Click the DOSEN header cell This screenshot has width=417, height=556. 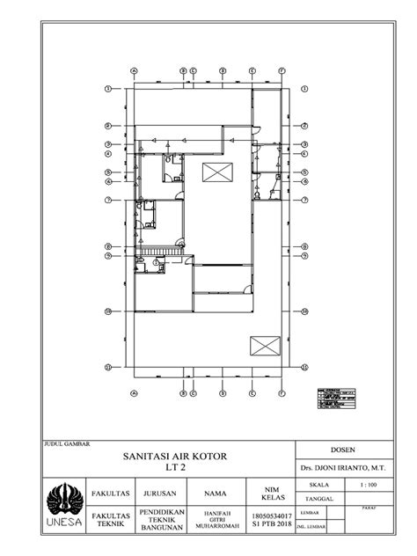pos(344,448)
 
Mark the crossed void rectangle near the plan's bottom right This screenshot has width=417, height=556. pos(264,345)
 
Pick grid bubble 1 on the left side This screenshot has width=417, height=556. pos(107,89)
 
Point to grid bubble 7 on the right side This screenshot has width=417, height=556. pos(304,201)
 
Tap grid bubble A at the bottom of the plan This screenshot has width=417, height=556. pos(135,393)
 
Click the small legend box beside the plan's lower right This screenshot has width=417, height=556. pos(337,398)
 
